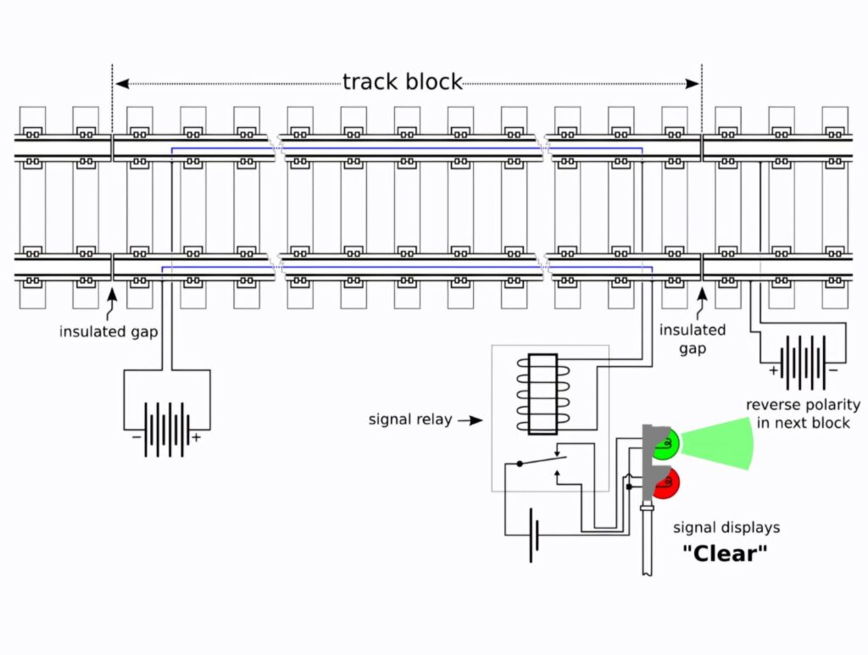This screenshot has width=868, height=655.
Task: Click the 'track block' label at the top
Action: click(x=403, y=82)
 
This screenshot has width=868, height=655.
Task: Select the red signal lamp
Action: click(x=667, y=484)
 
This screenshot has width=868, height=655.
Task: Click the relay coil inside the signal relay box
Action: click(x=541, y=394)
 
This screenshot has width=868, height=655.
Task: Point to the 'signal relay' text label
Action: click(x=410, y=419)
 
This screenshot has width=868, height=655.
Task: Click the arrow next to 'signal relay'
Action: click(x=470, y=419)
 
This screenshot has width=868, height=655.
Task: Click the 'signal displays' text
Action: click(x=726, y=528)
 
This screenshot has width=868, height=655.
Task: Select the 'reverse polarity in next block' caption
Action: click(x=803, y=414)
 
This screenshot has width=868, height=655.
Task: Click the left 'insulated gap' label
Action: click(x=108, y=331)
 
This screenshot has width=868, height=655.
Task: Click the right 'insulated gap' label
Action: click(x=693, y=339)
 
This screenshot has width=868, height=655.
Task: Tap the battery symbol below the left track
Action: click(x=166, y=430)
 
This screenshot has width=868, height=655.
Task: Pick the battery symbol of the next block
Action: click(x=803, y=359)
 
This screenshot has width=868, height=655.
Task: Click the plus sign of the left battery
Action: click(x=196, y=438)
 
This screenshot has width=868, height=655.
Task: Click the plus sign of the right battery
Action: click(x=773, y=370)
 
